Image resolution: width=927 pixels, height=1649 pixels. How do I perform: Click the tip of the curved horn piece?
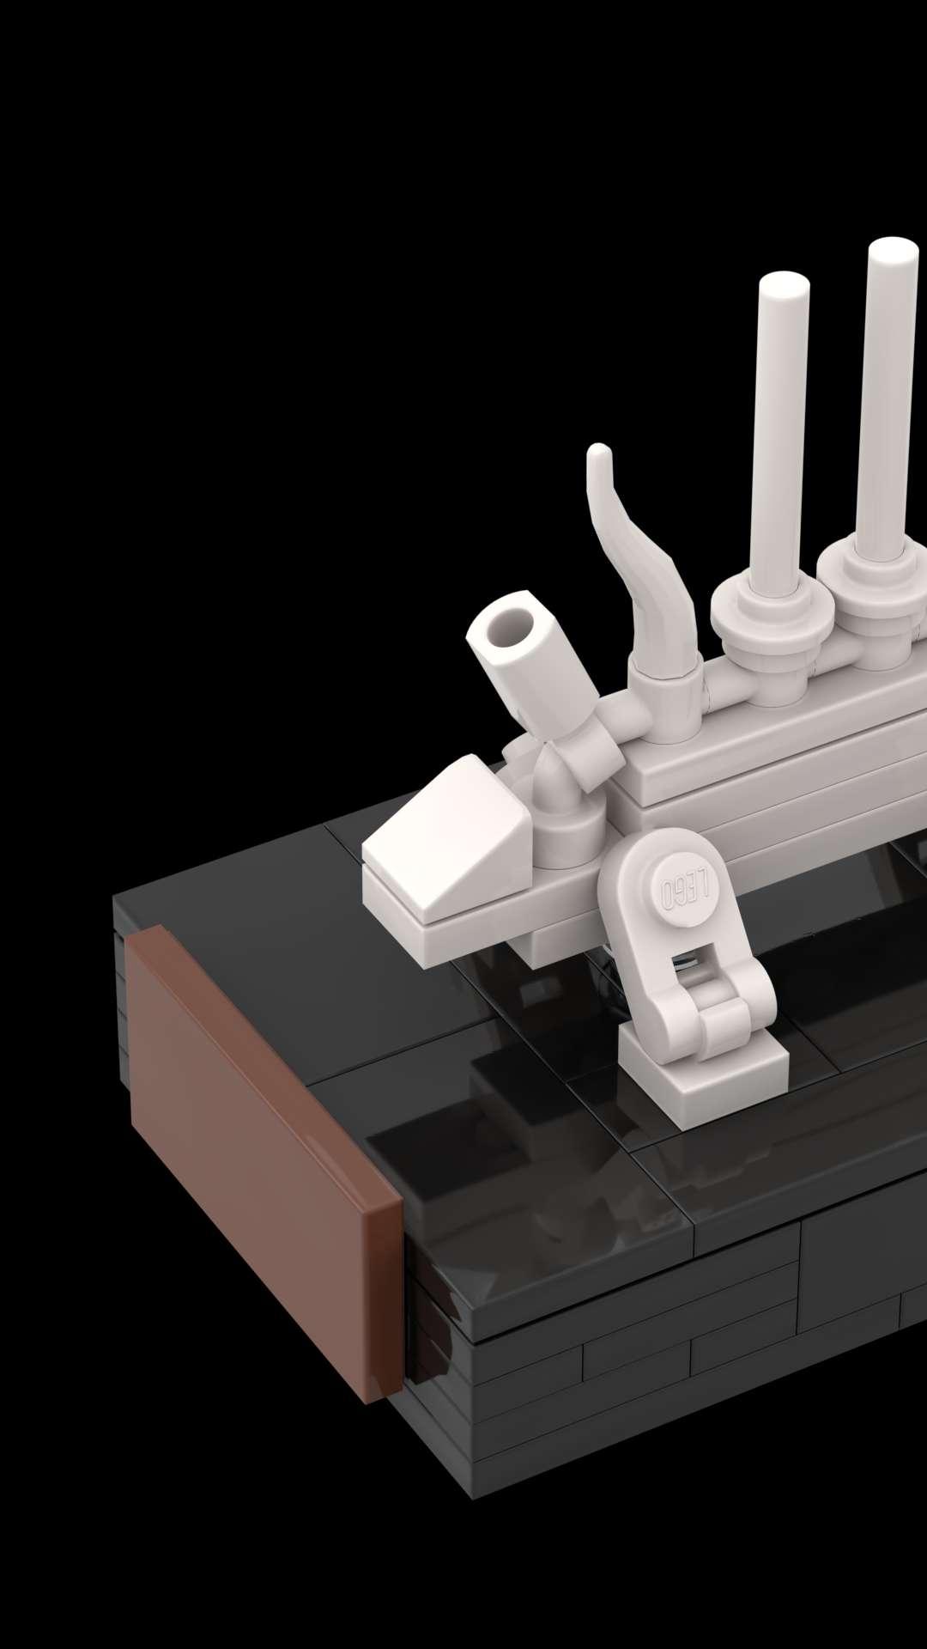coord(598,450)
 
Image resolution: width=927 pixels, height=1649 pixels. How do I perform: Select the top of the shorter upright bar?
coord(784,284)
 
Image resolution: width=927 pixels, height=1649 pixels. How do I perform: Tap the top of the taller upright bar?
coord(894,250)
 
